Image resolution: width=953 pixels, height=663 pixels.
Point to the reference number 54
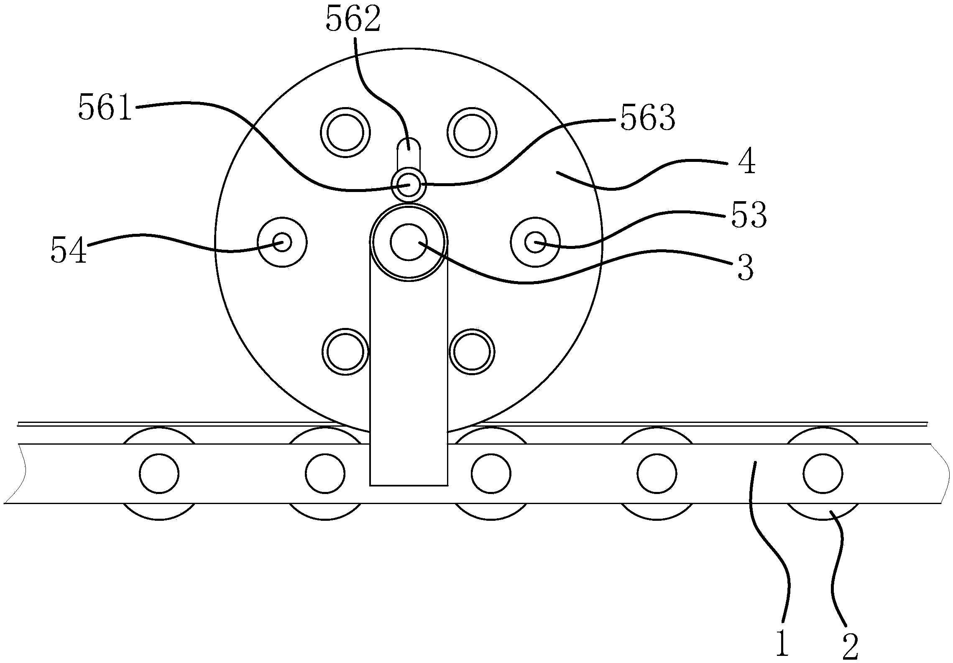pyautogui.click(x=69, y=250)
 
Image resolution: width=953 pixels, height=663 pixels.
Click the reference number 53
pyautogui.click(x=749, y=215)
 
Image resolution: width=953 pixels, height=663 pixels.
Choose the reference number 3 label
pyautogui.click(x=746, y=268)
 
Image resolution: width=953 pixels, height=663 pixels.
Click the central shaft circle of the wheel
pyautogui.click(x=409, y=242)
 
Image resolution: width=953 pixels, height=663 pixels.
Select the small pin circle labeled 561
pyautogui.click(x=409, y=184)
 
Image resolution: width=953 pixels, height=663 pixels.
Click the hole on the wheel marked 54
pyautogui.click(x=282, y=242)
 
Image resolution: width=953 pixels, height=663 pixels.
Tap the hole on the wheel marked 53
pyautogui.click(x=535, y=242)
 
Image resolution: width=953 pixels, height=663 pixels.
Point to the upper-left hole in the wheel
pyautogui.click(x=345, y=133)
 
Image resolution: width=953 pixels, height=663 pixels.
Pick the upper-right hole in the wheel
pyautogui.click(x=472, y=133)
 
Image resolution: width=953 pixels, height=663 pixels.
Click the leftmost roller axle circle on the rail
pyautogui.click(x=159, y=474)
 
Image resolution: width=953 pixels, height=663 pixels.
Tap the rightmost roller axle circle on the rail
pyautogui.click(x=823, y=474)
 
